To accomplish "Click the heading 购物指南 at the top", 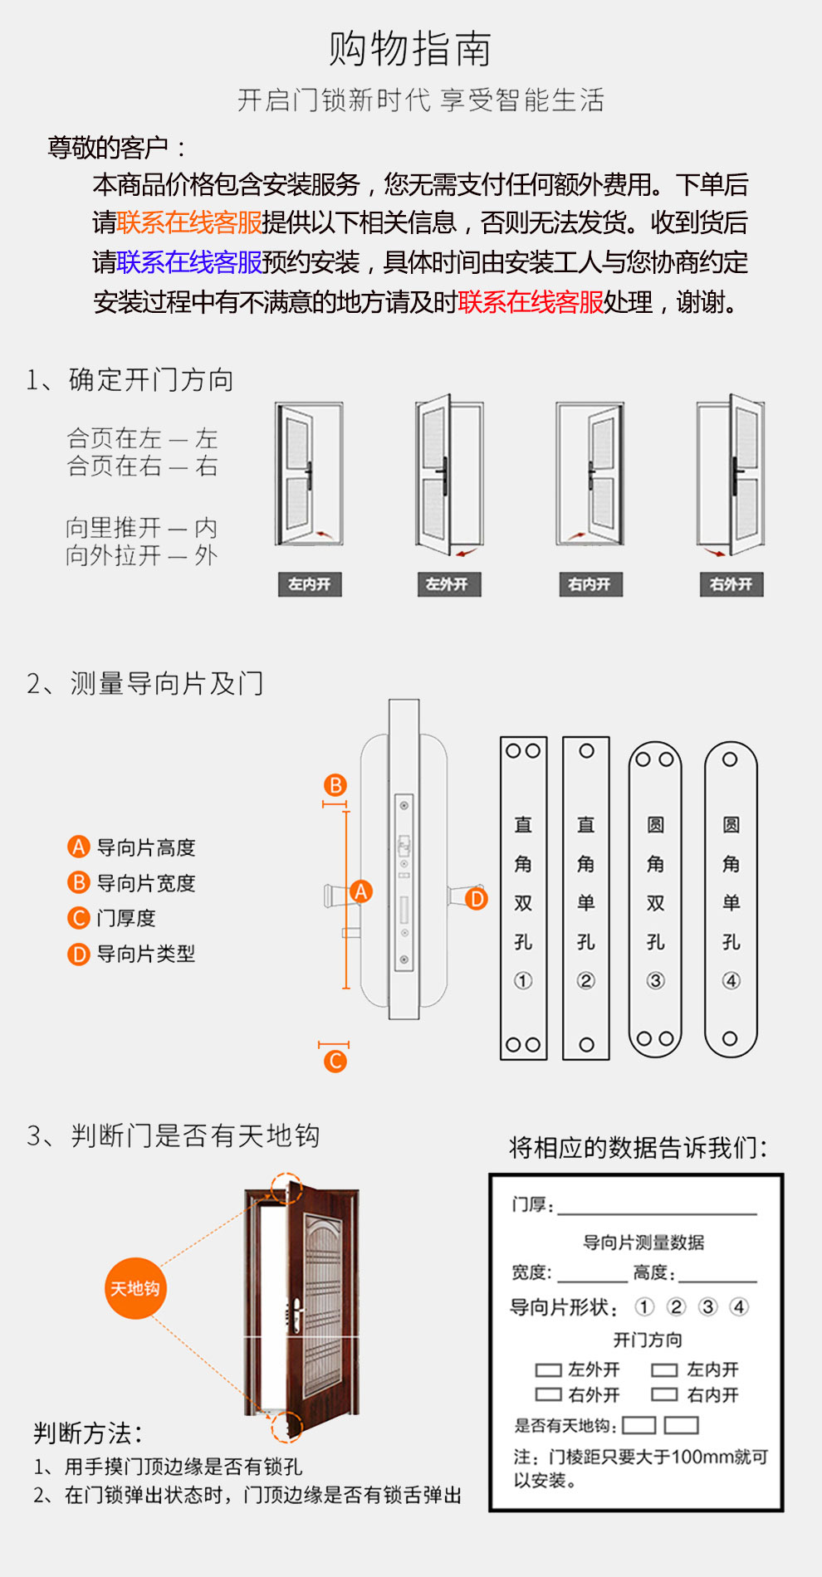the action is [410, 49].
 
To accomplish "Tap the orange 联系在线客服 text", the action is [189, 222].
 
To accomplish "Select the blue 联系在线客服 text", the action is [189, 262].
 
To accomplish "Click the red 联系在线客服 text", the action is [531, 302].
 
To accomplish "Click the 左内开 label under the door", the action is [310, 584].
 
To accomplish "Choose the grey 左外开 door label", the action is [449, 584].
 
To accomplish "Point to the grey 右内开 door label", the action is [590, 584].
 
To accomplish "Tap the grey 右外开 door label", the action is [731, 584].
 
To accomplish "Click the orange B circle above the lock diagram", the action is [335, 786].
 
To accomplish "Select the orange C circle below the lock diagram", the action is [335, 1061].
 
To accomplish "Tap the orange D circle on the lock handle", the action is [477, 899].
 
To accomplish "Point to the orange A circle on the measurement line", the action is [361, 891].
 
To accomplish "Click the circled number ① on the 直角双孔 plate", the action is [523, 981].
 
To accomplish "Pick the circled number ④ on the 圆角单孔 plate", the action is [731, 981].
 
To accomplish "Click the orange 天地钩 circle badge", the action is [135, 1288].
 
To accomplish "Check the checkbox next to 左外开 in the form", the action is [548, 1370].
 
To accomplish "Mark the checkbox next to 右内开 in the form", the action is [664, 1395].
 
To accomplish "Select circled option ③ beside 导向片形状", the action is [707, 1307].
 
